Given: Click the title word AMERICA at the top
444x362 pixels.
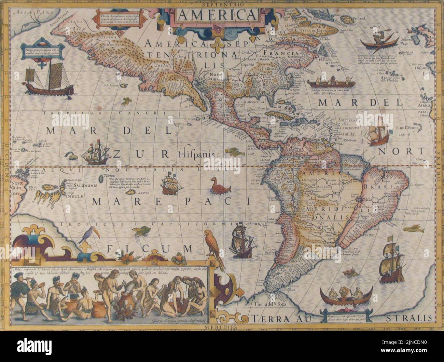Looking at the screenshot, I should pyautogui.click(x=217, y=15).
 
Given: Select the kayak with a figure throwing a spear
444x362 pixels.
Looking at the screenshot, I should pyautogui.click(x=379, y=41).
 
